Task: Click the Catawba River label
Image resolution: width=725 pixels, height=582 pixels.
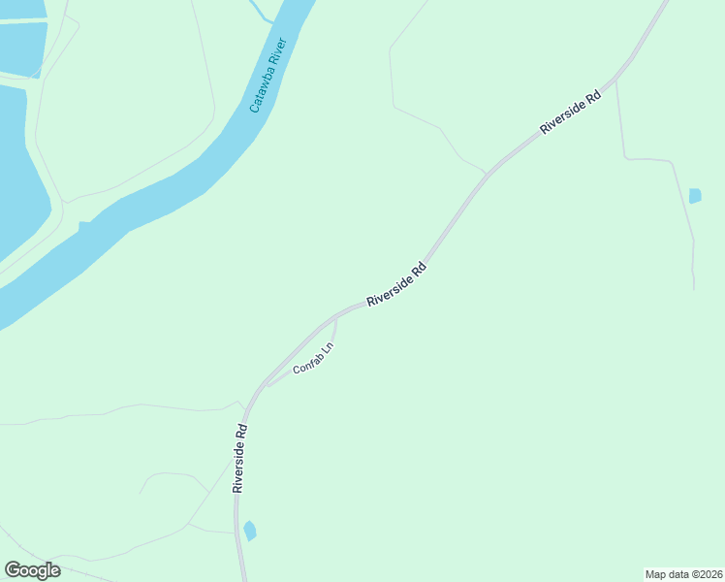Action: (x=269, y=76)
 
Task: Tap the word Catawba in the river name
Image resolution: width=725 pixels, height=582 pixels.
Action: (x=263, y=91)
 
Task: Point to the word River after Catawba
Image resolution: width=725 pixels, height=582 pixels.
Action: (x=278, y=52)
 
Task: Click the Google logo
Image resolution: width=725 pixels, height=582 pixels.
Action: (x=32, y=570)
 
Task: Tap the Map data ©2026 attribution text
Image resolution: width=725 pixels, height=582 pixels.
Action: (x=684, y=574)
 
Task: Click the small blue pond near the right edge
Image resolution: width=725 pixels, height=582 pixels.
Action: (x=695, y=196)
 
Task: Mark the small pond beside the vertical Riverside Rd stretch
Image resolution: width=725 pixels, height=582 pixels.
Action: (x=250, y=531)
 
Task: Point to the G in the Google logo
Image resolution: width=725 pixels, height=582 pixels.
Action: (x=13, y=570)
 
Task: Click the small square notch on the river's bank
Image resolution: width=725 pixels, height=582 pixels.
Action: (x=85, y=226)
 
